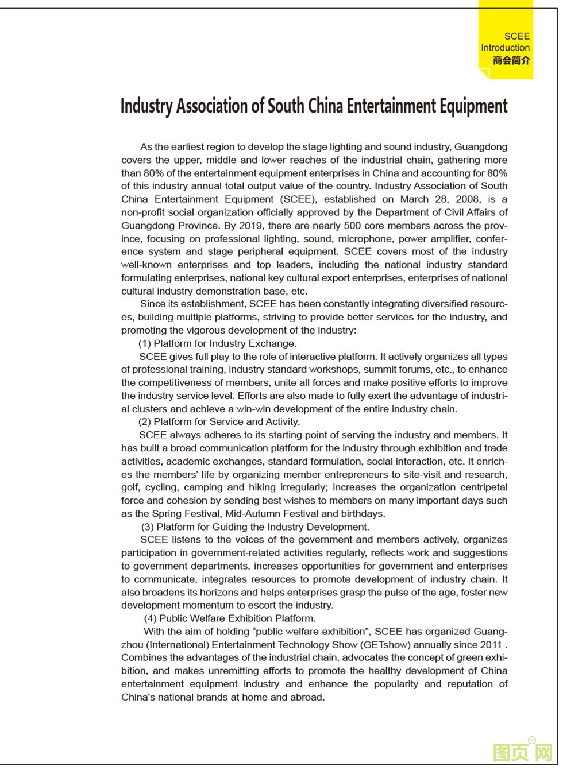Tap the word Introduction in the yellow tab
pyautogui.click(x=505, y=48)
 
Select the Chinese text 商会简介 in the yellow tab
pyautogui.click(x=511, y=60)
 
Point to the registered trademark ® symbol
pyautogui.click(x=532, y=740)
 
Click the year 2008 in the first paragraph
pyautogui.click(x=467, y=199)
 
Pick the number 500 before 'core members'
pyautogui.click(x=352, y=226)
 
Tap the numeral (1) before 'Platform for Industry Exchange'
pyautogui.click(x=144, y=343)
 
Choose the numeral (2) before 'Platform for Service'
pyautogui.click(x=144, y=422)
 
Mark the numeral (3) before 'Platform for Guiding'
pyautogui.click(x=148, y=527)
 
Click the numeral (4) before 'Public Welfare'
pyautogui.click(x=150, y=618)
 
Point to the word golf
pyautogui.click(x=130, y=487)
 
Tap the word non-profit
pyautogui.click(x=142, y=212)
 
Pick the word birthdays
pyautogui.click(x=363, y=514)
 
